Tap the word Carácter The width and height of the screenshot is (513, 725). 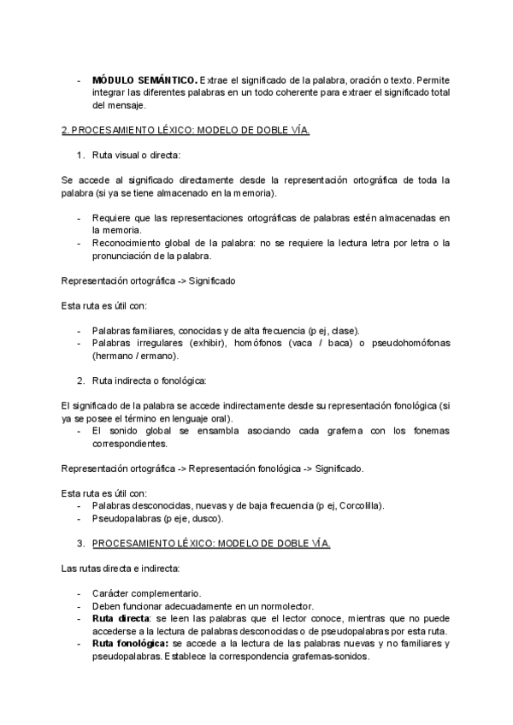(x=112, y=592)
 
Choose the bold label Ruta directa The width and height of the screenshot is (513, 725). (x=120, y=618)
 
